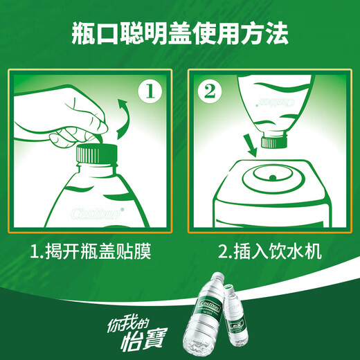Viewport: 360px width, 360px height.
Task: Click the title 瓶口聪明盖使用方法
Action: point(180,33)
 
